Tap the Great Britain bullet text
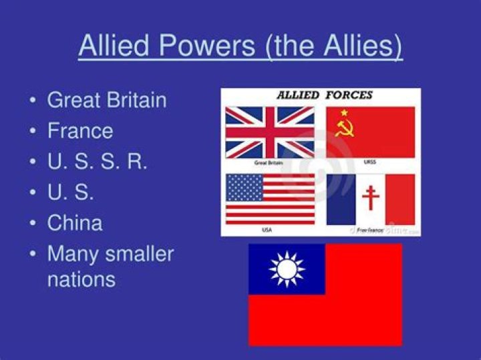107,100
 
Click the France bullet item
80,130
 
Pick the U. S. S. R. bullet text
97,162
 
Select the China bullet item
75,222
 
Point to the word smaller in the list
137,254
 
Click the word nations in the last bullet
81,279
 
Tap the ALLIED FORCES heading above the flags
325,96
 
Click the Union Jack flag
269,132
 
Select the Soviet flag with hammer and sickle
370,132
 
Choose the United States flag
269,198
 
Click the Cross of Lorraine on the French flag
370,198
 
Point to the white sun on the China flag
287,269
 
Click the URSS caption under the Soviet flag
369,162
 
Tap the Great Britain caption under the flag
269,162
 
